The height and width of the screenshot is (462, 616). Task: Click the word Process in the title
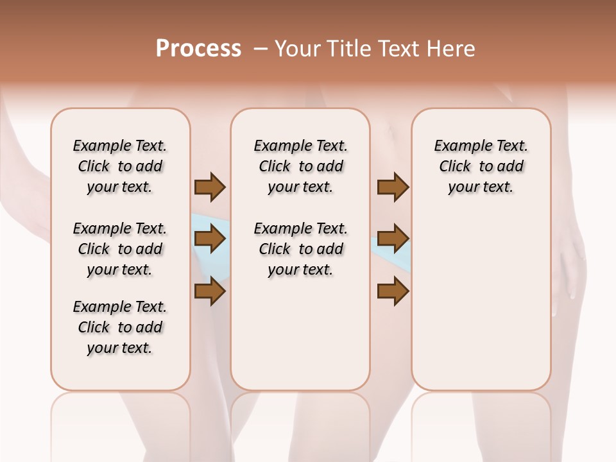point(198,49)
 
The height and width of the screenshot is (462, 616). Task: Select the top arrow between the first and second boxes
point(210,187)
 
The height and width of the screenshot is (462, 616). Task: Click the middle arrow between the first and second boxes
point(210,239)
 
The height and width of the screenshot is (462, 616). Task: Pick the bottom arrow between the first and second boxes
point(210,291)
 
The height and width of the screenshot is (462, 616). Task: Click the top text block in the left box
point(120,166)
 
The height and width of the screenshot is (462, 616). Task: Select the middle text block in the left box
point(120,249)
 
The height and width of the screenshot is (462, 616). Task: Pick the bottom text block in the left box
point(120,327)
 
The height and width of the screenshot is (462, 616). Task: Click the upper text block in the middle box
point(300,166)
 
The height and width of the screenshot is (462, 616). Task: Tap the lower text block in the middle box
point(300,249)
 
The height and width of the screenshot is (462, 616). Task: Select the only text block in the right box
point(481,166)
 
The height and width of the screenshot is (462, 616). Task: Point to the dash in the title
point(261,49)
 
